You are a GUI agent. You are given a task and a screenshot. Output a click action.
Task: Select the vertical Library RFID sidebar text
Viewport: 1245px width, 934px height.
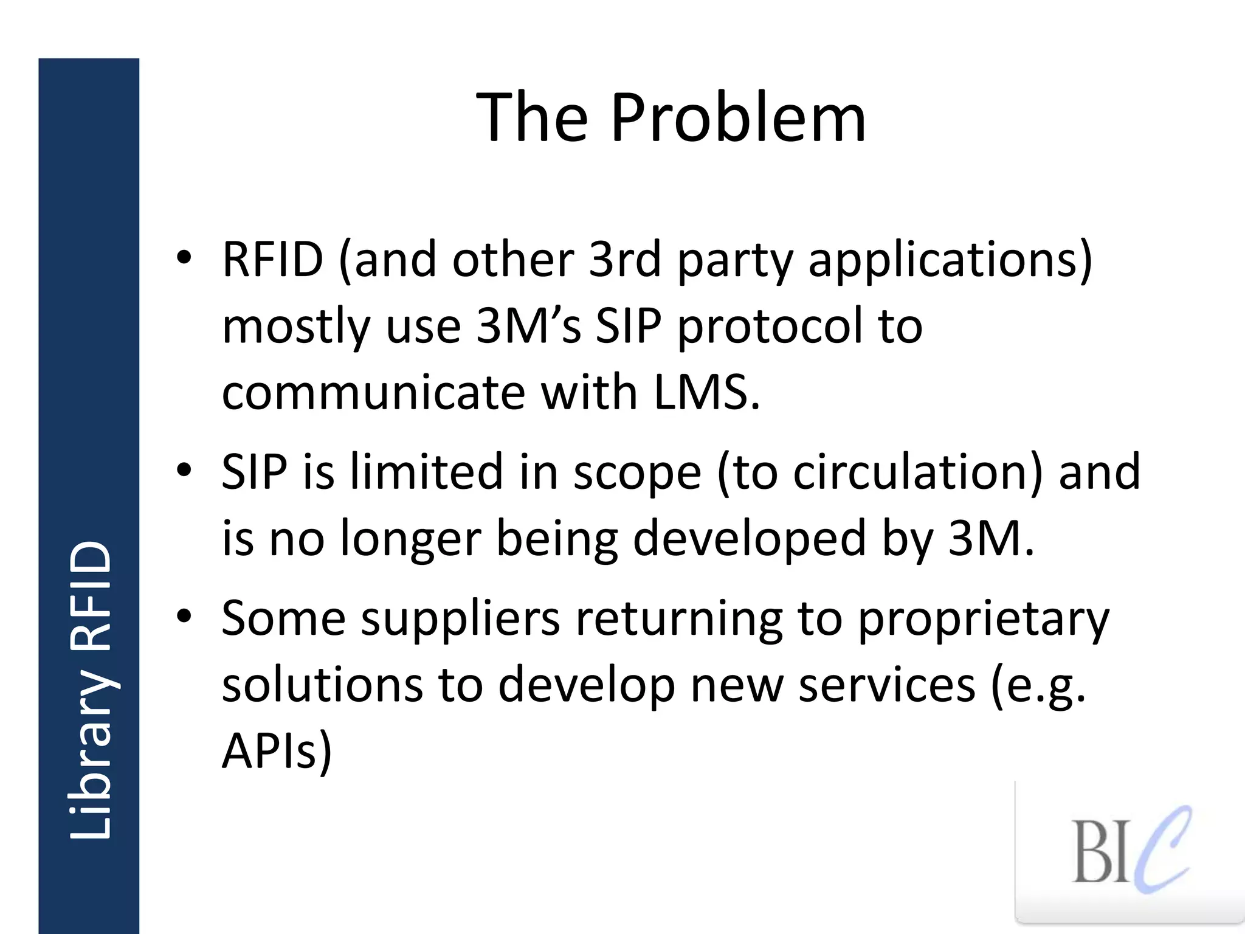90,690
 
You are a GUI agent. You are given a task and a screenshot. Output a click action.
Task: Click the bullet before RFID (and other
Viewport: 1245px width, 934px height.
184,258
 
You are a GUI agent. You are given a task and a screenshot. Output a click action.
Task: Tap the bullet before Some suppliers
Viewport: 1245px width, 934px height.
184,617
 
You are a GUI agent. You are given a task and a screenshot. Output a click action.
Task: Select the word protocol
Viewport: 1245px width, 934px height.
768,327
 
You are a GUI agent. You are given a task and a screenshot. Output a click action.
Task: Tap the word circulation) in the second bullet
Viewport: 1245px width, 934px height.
918,472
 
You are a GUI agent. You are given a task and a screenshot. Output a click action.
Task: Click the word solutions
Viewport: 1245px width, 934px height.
322,685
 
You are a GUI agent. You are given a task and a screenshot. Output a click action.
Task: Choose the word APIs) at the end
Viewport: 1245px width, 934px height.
277,752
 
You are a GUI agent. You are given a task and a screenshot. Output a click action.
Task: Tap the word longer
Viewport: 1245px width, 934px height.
410,539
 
